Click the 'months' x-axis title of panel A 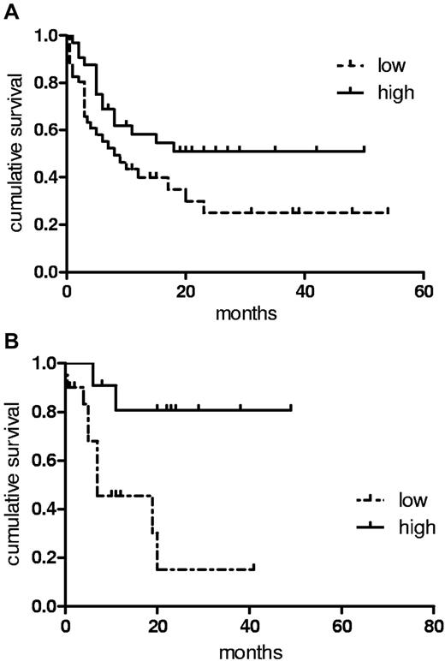(x=245, y=313)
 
